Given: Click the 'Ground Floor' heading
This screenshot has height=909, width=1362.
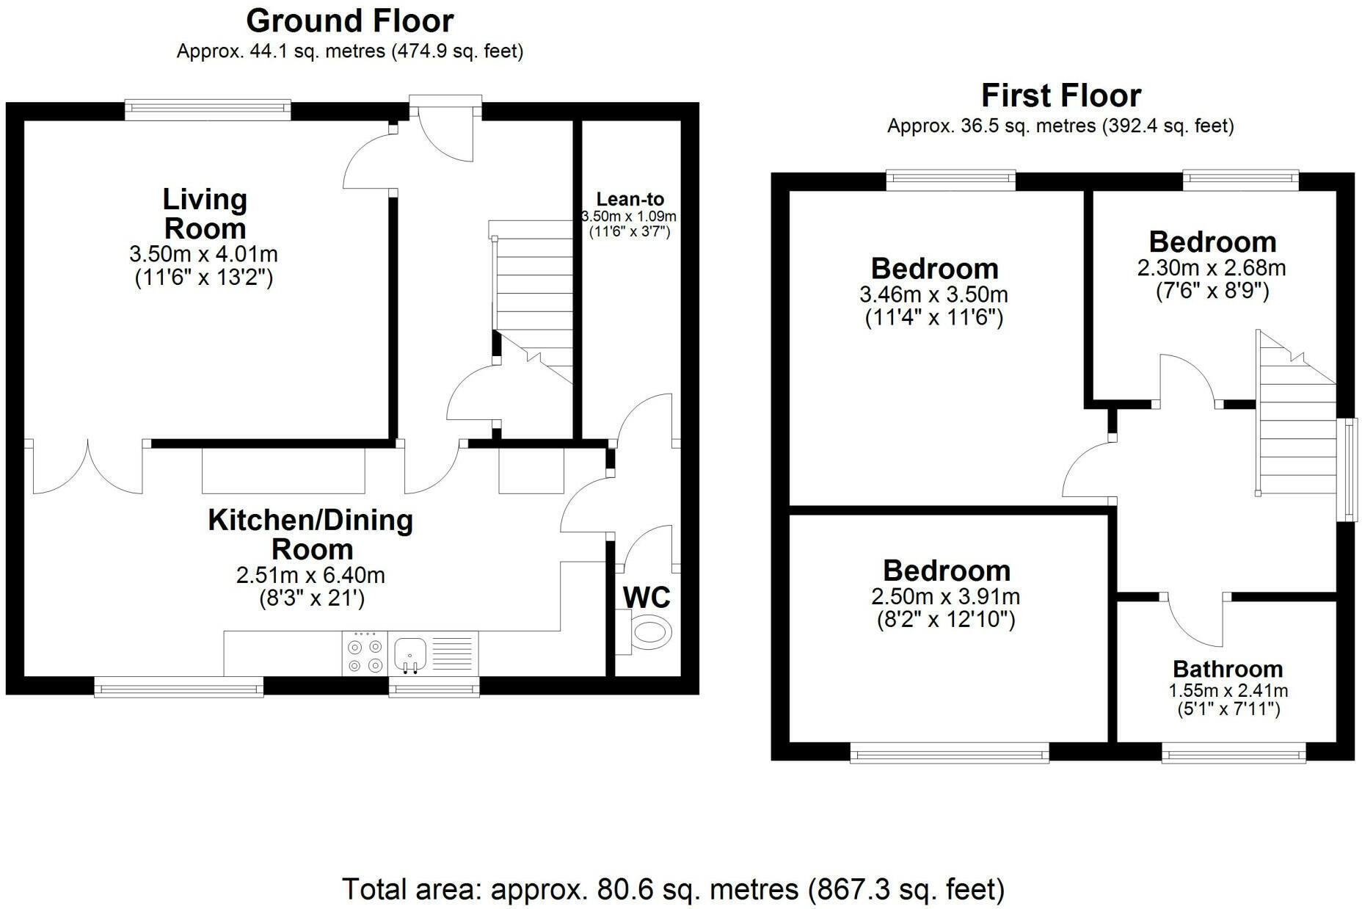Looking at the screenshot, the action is tap(350, 21).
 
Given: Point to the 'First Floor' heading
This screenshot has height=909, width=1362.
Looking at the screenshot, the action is tap(1061, 95).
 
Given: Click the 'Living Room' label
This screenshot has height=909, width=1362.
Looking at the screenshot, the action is tap(205, 214).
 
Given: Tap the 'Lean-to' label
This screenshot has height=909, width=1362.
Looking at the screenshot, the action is tap(630, 199).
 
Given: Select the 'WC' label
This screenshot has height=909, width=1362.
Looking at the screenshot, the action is tap(647, 597).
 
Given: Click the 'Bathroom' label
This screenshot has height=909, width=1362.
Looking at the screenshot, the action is tap(1228, 669).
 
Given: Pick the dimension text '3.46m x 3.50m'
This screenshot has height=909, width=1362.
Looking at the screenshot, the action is tap(933, 295).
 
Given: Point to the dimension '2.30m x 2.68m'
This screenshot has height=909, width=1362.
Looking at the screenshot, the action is tap(1212, 268).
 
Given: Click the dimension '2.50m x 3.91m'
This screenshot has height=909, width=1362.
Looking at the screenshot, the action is tap(946, 597).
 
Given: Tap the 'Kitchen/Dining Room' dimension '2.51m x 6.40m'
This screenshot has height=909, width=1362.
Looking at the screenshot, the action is tap(310, 575).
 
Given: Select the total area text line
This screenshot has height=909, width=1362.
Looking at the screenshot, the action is tap(673, 889).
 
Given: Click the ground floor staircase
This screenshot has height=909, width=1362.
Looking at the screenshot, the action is tap(531, 301).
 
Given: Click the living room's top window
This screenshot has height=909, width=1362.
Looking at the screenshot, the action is tap(208, 110).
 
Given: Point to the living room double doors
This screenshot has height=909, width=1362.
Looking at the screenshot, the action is tap(87, 467).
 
